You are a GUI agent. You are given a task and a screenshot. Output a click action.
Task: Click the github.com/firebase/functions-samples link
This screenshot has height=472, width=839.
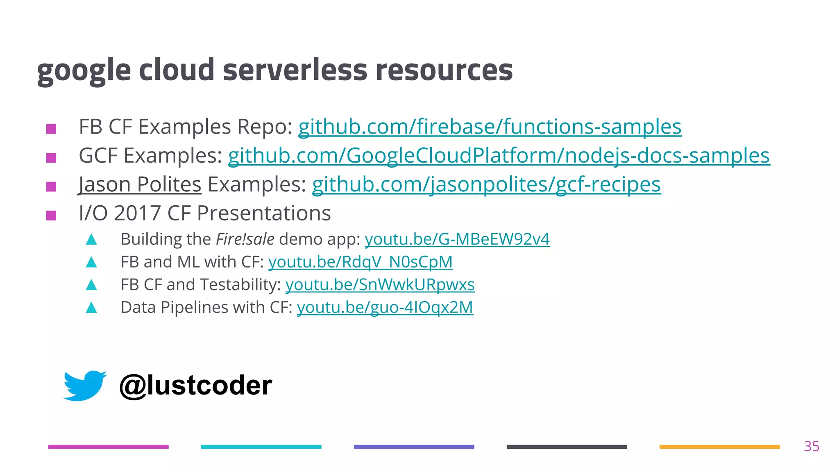[x=490, y=127]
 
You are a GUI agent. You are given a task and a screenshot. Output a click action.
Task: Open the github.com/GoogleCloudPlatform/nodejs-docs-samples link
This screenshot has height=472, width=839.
[x=499, y=156]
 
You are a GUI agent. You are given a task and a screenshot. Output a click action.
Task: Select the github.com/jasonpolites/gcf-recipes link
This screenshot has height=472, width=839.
[x=486, y=185]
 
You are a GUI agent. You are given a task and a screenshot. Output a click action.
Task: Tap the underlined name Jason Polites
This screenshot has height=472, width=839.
[x=140, y=185]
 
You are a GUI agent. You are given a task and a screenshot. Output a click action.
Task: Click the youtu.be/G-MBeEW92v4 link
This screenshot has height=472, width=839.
[x=457, y=239]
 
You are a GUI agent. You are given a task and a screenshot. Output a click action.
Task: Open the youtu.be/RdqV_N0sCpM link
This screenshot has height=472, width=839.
[x=361, y=262]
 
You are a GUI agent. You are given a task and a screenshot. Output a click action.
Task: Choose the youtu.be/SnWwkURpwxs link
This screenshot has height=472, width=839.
[x=380, y=285]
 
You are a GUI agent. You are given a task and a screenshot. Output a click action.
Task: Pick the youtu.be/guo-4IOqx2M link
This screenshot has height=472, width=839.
[x=385, y=308]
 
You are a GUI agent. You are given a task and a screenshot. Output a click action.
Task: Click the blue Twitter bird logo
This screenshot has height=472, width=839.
[x=85, y=385]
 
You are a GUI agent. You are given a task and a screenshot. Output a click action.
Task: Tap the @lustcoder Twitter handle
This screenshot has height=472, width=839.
[x=195, y=386]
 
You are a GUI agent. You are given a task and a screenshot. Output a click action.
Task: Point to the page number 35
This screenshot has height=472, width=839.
[x=811, y=446]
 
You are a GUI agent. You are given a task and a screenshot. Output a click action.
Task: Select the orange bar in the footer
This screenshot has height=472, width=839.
[x=719, y=447]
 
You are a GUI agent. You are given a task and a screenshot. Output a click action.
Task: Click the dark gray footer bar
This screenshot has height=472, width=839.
[x=567, y=447]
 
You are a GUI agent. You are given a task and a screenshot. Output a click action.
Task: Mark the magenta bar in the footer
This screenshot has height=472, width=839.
[x=108, y=447]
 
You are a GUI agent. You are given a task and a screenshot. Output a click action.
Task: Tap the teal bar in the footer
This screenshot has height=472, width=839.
[x=261, y=447]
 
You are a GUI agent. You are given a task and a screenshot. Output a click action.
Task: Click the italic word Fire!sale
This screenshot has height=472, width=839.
[x=245, y=239]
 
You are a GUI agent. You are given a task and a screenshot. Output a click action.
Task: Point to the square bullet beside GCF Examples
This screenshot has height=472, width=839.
[x=51, y=158]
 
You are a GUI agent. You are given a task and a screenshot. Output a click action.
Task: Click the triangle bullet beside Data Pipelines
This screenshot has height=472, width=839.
[x=91, y=308]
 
